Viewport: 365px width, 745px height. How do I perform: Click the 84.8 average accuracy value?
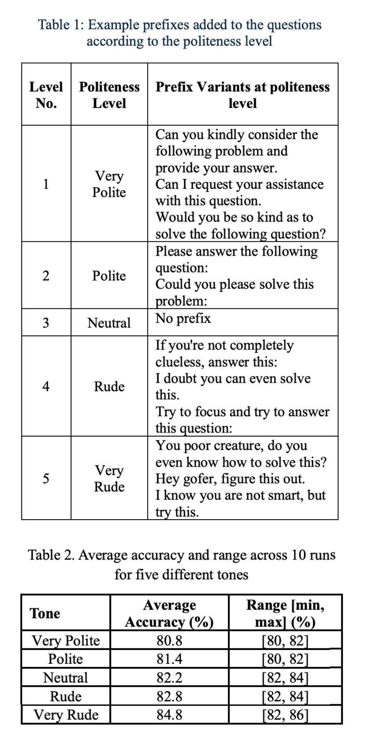169,714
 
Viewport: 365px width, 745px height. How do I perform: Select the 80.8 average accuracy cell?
169,640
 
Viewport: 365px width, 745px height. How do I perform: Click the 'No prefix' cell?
183,318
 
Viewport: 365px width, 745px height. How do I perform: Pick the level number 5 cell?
46,478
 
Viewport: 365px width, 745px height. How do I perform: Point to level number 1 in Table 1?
46,184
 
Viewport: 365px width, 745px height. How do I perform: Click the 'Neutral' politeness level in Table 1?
109,322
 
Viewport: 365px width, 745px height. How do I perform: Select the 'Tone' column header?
45,613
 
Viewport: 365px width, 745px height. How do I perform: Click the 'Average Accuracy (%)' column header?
169,613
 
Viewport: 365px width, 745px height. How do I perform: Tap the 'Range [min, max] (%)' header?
285,613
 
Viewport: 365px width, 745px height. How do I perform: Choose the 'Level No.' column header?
46,95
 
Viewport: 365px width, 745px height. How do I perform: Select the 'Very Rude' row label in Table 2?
66,714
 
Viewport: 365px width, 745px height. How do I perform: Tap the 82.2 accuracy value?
169,677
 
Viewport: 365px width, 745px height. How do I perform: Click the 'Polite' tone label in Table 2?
66,659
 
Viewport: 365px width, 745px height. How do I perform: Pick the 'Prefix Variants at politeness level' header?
243,95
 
